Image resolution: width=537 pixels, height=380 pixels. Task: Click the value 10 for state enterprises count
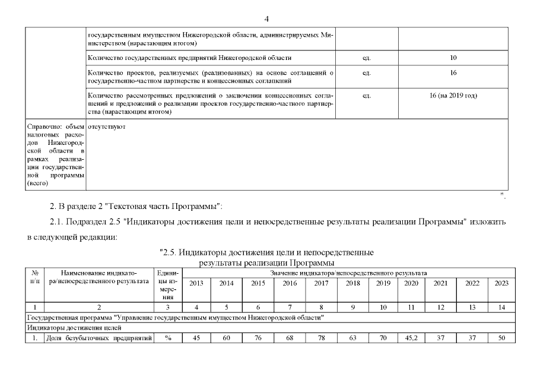[x=453, y=58]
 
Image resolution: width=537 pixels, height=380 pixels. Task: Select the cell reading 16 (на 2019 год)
[x=453, y=95]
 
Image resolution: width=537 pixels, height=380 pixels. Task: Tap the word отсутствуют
[x=107, y=126]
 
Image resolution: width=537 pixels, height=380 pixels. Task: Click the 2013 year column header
[x=196, y=283]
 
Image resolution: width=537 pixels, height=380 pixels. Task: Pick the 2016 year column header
[x=290, y=283]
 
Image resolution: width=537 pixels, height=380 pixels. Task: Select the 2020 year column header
[x=411, y=283]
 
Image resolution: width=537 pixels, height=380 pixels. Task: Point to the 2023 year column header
[x=501, y=283]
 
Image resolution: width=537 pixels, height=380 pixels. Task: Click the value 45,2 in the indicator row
[x=411, y=338]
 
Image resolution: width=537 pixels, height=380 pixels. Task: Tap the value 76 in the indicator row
[x=258, y=338]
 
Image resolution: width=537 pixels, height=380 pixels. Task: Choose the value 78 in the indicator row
[x=321, y=338]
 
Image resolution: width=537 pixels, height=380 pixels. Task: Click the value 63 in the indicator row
[x=352, y=338]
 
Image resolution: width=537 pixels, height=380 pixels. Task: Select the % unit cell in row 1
[x=168, y=338]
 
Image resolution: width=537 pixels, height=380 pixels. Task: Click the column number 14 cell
[x=501, y=307]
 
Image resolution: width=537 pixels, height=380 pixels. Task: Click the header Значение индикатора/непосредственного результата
[x=349, y=273]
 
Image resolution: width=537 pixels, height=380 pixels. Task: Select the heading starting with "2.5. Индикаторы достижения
[x=266, y=252]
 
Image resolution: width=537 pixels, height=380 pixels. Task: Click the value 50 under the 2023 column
[x=501, y=338]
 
